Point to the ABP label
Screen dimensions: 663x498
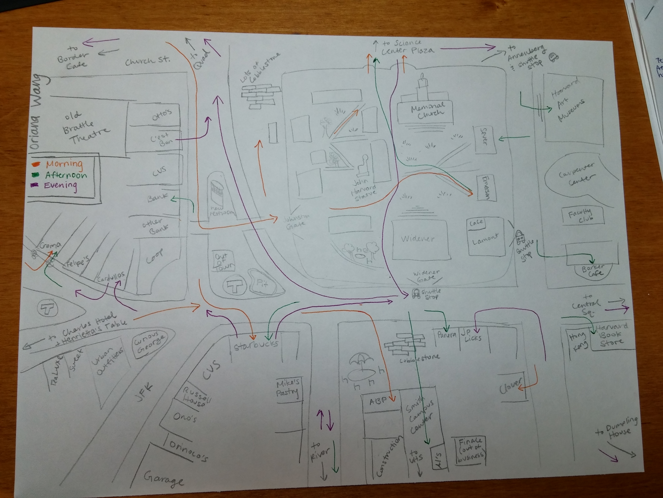378,401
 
